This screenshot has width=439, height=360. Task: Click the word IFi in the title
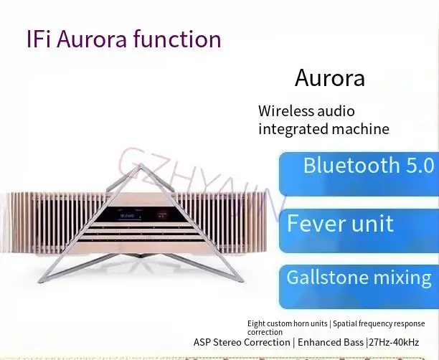coord(41,38)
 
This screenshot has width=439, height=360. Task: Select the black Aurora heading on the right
coord(330,77)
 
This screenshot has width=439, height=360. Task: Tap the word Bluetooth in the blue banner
coord(351,166)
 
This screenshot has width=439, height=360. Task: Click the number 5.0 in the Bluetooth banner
coord(417,166)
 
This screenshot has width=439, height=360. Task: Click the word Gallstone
coord(328,278)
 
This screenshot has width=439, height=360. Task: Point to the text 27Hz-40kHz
coord(402,342)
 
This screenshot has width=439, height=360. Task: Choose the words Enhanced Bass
coord(329,342)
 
